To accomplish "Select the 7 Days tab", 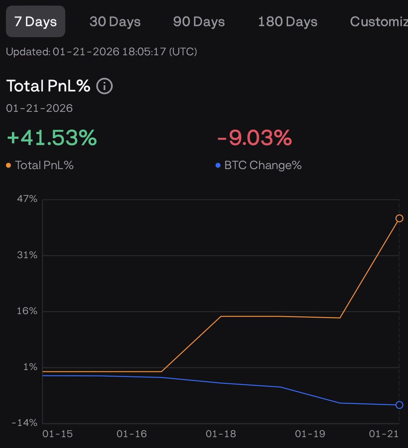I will (36, 22).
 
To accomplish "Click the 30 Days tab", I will (115, 22).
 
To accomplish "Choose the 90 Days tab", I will (199, 22).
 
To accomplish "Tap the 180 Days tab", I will (288, 22).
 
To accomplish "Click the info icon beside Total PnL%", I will (104, 86).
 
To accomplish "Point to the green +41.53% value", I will (52, 138).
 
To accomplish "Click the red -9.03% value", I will (254, 138).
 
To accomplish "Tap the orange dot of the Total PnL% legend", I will (9, 165).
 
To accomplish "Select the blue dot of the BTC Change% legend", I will (218, 165).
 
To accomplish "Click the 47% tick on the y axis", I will (27, 199).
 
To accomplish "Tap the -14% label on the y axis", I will (24, 423).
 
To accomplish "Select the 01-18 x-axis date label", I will (221, 434).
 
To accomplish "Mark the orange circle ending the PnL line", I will (399, 218).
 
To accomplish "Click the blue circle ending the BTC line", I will (399, 405).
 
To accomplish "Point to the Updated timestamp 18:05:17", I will (144, 52).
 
